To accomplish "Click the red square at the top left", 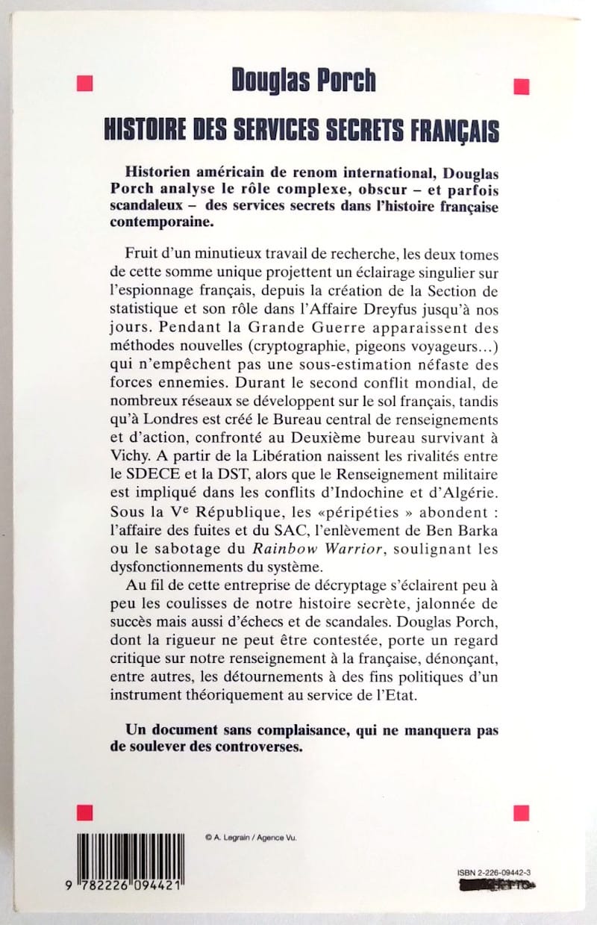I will pyautogui.click(x=84, y=82).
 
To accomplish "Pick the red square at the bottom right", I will pyautogui.click(x=522, y=812).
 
